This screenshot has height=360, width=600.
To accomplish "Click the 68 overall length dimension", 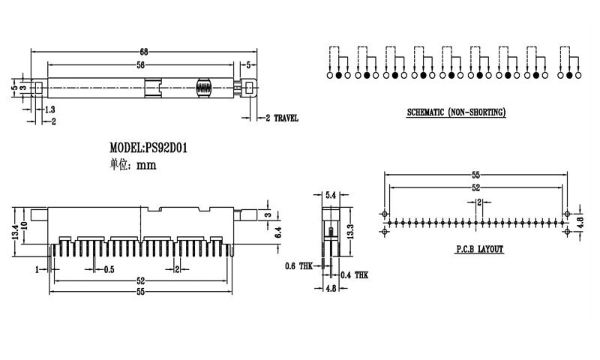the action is (x=144, y=52).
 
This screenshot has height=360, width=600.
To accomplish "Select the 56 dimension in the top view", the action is (x=141, y=65).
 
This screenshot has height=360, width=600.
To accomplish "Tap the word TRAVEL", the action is (x=286, y=118).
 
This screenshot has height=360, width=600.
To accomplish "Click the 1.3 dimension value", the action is (x=50, y=109).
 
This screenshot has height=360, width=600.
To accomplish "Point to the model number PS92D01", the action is (x=166, y=148).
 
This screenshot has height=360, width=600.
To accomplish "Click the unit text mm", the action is (x=146, y=165).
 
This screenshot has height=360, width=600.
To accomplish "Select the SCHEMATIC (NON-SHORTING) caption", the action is (x=456, y=112).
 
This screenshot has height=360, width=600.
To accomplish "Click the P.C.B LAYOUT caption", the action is (x=479, y=250).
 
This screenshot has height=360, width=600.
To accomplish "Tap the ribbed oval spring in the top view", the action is (x=203, y=88).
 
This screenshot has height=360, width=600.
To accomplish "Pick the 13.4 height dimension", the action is (x=15, y=232).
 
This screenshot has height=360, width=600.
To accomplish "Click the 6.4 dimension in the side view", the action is (x=277, y=232).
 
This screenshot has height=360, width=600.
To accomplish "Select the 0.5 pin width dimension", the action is (x=109, y=270).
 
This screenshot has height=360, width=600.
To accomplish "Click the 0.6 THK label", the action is (x=298, y=266).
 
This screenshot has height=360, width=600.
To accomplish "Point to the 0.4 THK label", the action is (x=354, y=275).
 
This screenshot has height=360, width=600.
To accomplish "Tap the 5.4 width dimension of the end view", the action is (x=331, y=195).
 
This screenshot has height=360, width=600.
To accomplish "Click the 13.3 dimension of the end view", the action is (x=350, y=232).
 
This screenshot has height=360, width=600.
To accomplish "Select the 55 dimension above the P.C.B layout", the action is (x=475, y=175).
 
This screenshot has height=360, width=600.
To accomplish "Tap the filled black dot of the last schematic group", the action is (x=569, y=75).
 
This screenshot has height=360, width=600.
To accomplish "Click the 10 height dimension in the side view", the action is (x=25, y=226).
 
